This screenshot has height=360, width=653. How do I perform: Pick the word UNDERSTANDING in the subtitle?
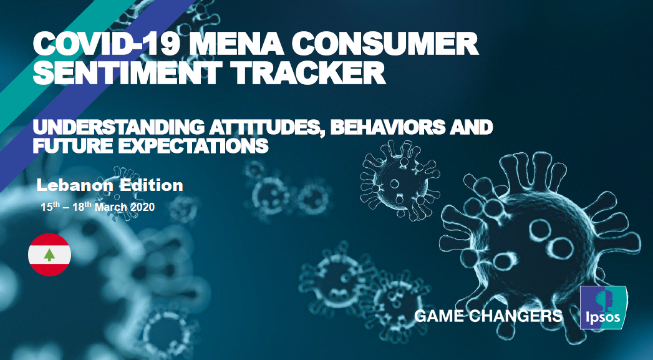tap(116, 127)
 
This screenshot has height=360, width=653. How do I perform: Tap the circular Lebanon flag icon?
tap(49, 255)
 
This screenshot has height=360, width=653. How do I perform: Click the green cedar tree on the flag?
tap(49, 255)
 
